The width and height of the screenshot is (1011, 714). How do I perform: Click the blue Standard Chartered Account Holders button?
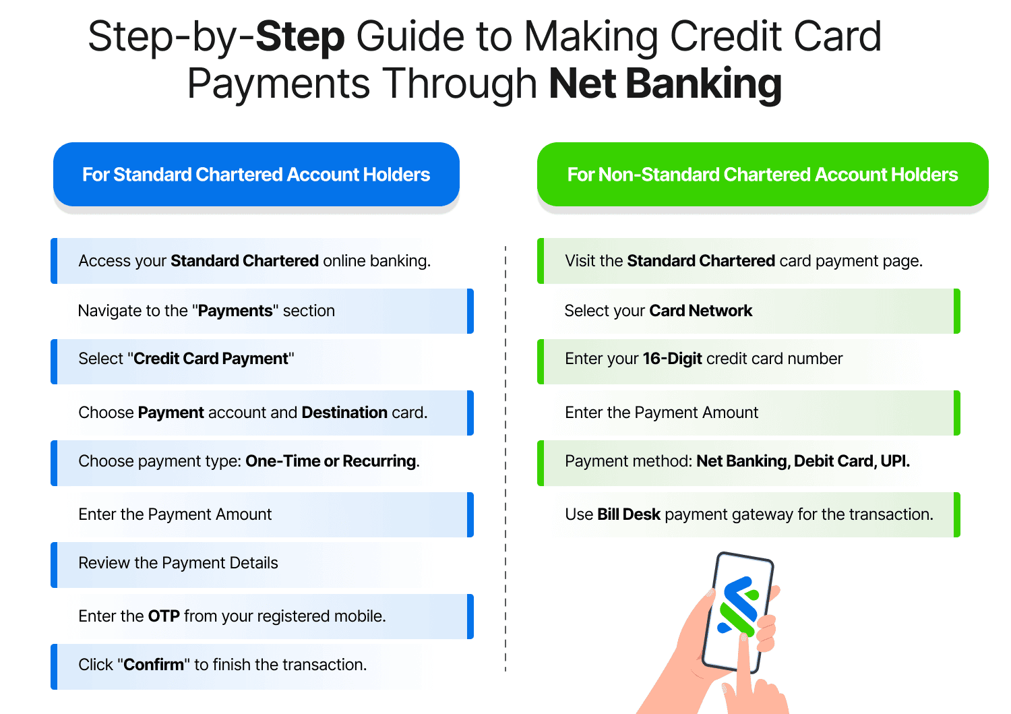[256, 175]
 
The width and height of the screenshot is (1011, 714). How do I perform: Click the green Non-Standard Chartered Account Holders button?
[762, 175]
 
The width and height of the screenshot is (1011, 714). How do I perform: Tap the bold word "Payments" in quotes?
[235, 311]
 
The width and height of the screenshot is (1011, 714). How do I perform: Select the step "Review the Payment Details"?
[178, 563]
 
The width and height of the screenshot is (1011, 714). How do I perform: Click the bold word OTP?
[164, 616]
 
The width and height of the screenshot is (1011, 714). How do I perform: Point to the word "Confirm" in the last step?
[154, 665]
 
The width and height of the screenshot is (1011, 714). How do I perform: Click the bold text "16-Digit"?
[672, 359]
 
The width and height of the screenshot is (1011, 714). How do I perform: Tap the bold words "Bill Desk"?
[628, 514]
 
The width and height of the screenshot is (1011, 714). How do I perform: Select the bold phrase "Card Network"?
[700, 311]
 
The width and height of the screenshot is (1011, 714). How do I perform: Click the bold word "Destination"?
[344, 413]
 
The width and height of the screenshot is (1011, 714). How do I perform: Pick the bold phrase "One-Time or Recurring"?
[330, 461]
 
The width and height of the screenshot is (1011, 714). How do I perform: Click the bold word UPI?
[894, 461]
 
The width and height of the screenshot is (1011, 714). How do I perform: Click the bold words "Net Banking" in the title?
[665, 84]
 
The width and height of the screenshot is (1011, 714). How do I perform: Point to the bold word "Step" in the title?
[301, 36]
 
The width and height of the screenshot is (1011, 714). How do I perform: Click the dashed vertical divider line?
[506, 458]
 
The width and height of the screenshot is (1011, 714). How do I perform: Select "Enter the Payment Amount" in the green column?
[661, 413]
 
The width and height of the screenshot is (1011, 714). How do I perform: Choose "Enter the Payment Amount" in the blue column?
[175, 514]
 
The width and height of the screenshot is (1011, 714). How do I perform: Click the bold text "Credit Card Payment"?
[211, 359]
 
